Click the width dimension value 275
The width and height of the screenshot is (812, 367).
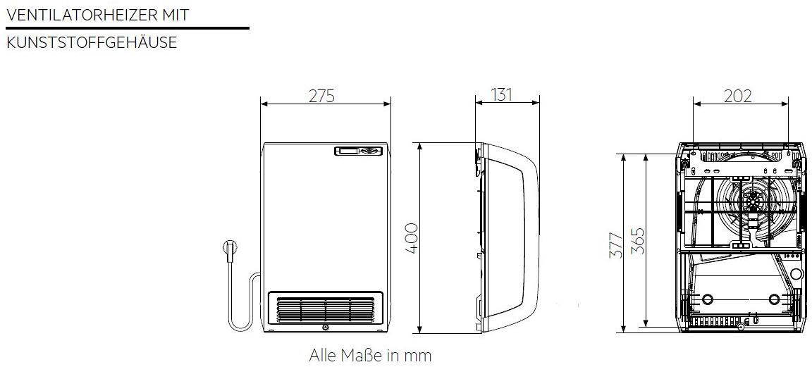pos(322,96)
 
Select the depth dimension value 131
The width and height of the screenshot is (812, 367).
pos(501,94)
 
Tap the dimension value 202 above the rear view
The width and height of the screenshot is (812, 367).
pos(737,96)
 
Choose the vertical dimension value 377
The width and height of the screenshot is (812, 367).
pos(616,243)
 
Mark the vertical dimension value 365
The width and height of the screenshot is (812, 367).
pos(637,241)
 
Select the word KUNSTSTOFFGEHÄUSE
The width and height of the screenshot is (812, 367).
pos(92,42)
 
